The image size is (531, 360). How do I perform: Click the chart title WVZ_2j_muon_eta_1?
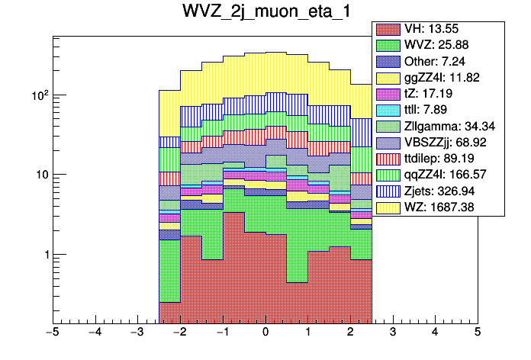[265, 14]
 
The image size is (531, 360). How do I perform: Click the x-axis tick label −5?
[52, 333]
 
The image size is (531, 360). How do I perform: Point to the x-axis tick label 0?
[265, 333]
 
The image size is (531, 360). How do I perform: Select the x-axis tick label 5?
[477, 333]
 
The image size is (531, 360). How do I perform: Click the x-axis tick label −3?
[137, 333]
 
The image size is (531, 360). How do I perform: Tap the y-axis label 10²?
[38, 95]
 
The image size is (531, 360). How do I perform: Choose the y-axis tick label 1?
[43, 254]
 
